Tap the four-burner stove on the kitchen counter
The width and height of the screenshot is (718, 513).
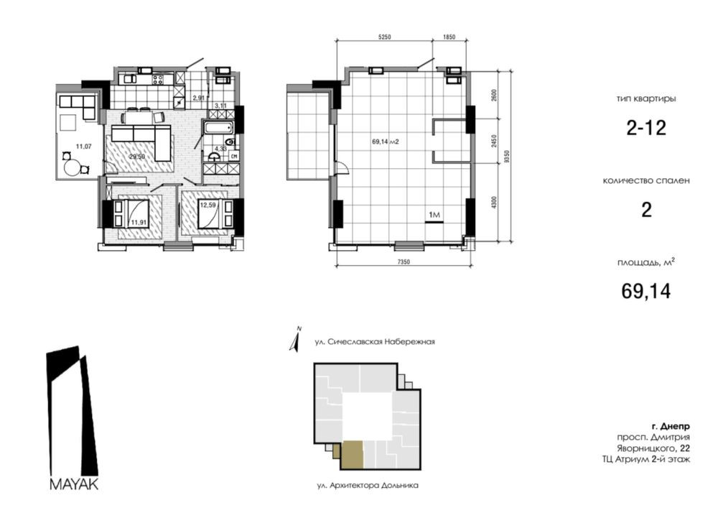pyautogui.click(x=158, y=79)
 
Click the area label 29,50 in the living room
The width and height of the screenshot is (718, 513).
pyautogui.click(x=136, y=157)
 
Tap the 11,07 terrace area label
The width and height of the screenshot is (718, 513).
pyautogui.click(x=84, y=147)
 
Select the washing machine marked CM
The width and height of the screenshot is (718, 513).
pyautogui.click(x=233, y=156)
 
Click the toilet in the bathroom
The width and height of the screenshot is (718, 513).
pyautogui.click(x=231, y=142)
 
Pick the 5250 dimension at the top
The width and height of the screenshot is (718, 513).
pyautogui.click(x=385, y=37)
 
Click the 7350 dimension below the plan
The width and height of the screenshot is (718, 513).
pyautogui.click(x=404, y=262)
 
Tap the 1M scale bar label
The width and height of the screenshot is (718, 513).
pyautogui.click(x=434, y=215)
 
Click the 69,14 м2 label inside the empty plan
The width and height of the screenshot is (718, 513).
pyautogui.click(x=385, y=142)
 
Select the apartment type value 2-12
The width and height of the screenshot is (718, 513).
pyautogui.click(x=646, y=128)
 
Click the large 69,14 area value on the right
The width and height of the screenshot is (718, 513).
pyautogui.click(x=645, y=291)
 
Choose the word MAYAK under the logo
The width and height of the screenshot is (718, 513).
pyautogui.click(x=74, y=484)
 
